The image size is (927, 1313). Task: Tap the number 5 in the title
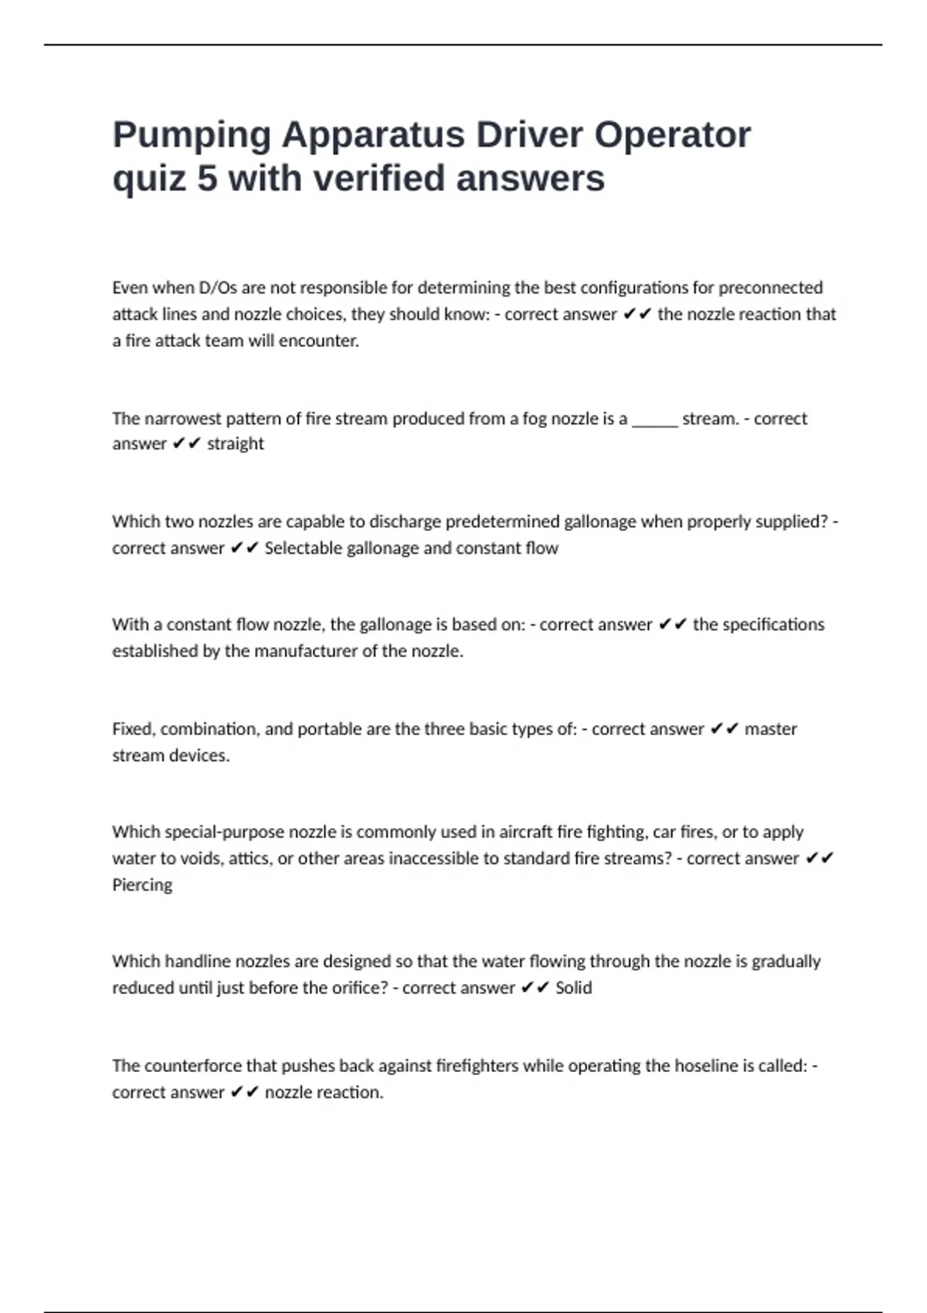coord(207,178)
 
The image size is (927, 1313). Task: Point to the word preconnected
coord(770,288)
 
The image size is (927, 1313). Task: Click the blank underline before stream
coord(654,420)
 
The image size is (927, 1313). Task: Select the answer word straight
coord(236,444)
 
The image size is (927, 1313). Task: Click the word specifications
coord(758,625)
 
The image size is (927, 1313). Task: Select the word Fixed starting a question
coord(133,729)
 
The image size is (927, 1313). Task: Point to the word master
coord(770,729)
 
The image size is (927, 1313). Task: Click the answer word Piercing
coord(142,885)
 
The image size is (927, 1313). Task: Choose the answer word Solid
coord(573,988)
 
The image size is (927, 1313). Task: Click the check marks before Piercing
coord(820,859)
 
